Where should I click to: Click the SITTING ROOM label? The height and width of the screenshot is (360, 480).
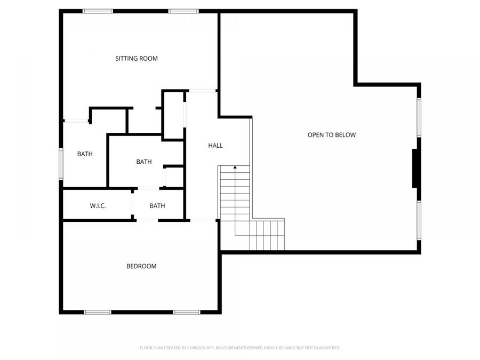click(x=137, y=59)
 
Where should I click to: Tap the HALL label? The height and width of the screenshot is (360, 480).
click(x=215, y=146)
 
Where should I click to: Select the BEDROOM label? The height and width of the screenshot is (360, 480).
click(x=141, y=266)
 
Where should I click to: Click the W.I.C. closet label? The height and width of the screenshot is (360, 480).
click(x=98, y=206)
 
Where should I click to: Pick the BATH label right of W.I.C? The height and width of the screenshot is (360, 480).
click(x=157, y=206)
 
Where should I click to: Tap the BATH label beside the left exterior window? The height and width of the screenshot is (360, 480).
click(x=85, y=154)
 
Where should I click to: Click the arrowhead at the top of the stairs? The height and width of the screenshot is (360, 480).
click(x=235, y=167)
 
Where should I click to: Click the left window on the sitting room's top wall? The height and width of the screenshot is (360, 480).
click(x=98, y=11)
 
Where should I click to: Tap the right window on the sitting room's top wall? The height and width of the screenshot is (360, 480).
click(x=183, y=11)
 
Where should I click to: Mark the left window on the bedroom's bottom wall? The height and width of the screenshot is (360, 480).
click(x=98, y=312)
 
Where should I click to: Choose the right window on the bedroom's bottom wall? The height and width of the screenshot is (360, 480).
click(x=186, y=312)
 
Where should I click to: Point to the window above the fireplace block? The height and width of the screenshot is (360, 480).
click(x=420, y=117)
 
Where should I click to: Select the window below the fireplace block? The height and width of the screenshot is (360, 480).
click(x=420, y=220)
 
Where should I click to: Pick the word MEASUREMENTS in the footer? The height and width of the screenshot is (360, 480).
click(x=229, y=348)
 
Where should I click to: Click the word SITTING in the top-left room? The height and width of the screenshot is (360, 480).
click(x=126, y=59)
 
